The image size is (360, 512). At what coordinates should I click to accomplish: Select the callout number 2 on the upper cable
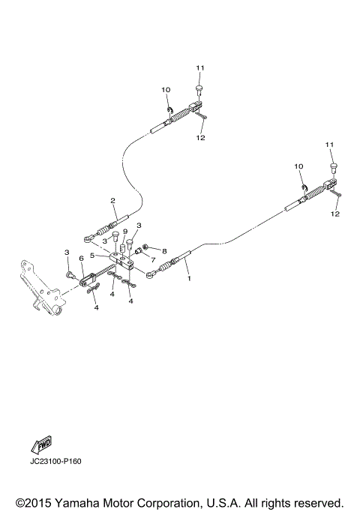coord(112,201)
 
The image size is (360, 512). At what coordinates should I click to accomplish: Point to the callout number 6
coord(81,259)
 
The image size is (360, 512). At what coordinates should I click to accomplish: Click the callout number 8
coord(164,252)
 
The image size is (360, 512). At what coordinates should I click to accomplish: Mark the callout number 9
coord(125,232)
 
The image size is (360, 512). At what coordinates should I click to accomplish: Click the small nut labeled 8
coord(147,248)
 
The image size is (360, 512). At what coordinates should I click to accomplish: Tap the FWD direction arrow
coord(43,443)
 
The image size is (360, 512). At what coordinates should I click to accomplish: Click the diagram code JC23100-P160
coord(55,461)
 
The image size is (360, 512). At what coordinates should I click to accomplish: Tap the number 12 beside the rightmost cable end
coord(334,214)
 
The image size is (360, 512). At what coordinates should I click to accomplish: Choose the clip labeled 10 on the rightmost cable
coord(304,187)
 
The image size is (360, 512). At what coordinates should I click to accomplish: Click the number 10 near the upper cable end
coord(166,90)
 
